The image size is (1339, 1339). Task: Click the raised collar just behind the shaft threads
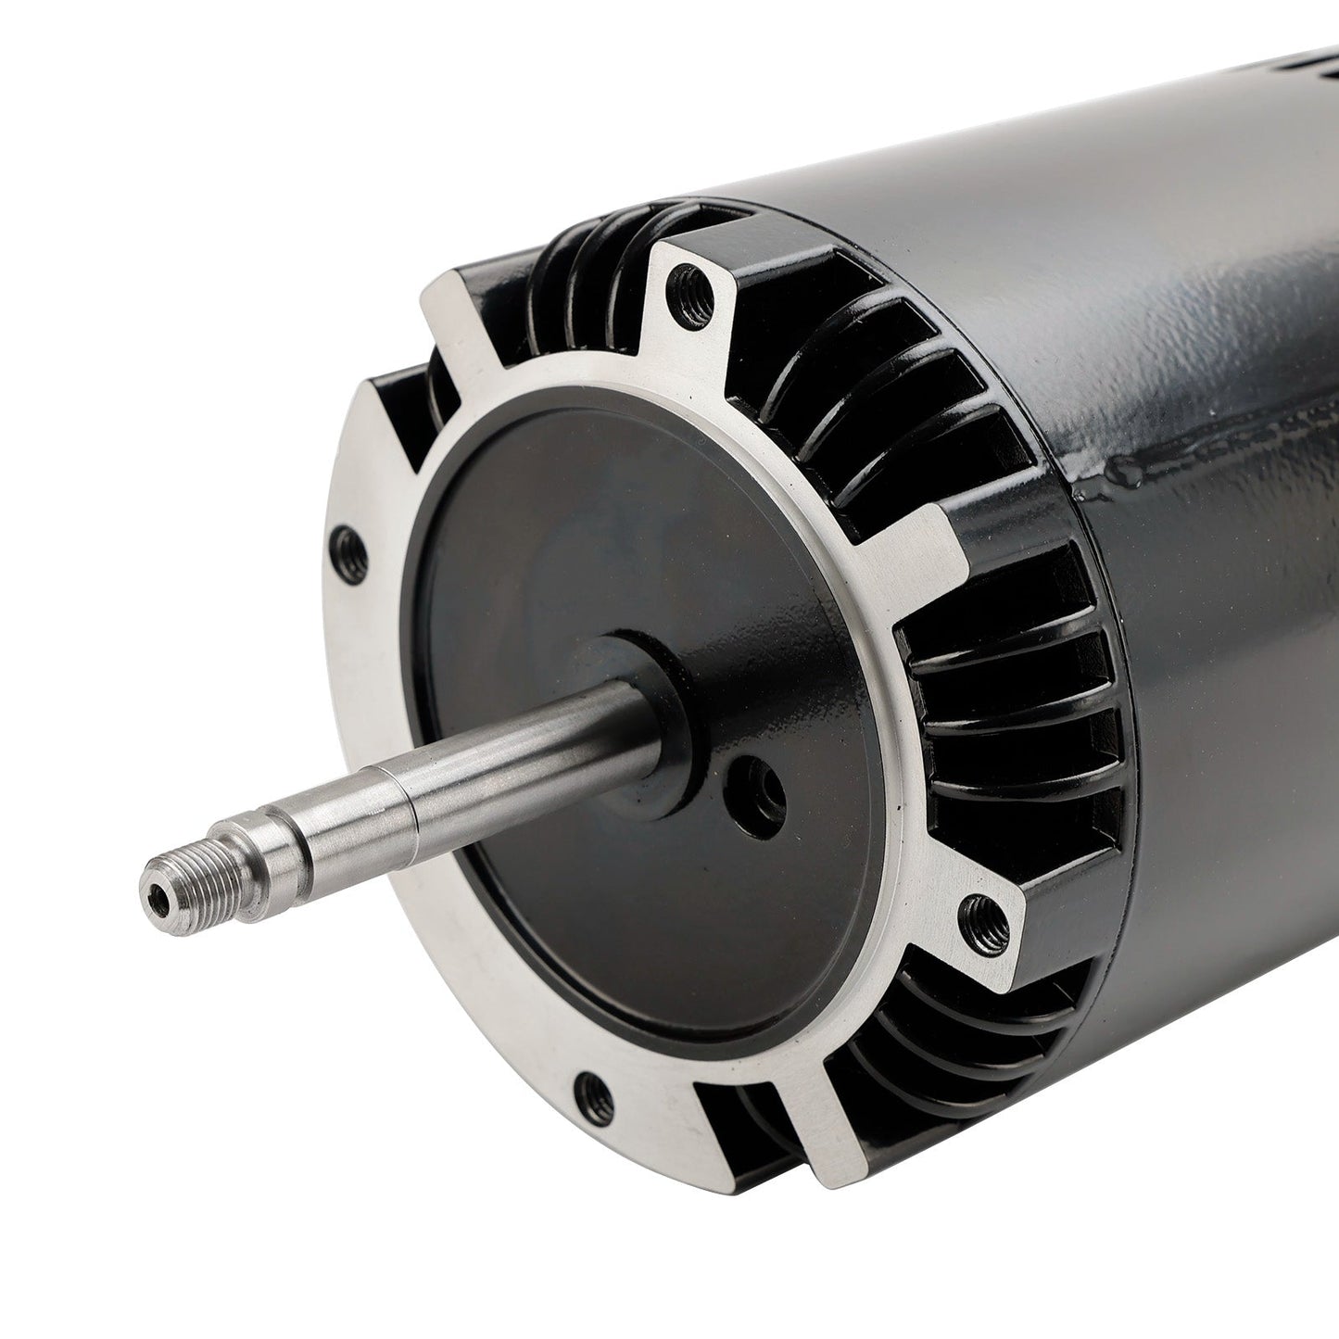(278, 836)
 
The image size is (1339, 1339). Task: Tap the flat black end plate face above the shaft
(593, 519)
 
